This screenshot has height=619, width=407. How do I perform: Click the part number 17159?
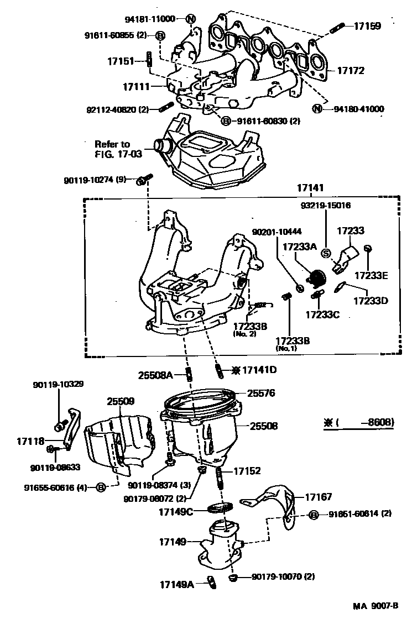click(367, 25)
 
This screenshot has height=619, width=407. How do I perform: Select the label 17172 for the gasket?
click(352, 71)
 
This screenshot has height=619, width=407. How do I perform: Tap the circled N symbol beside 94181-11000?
click(191, 19)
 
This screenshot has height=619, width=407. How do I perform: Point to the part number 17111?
click(136, 87)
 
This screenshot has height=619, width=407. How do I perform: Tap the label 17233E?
click(371, 275)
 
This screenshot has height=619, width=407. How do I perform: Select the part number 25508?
click(263, 426)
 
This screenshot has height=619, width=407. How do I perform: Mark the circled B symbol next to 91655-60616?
click(101, 487)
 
